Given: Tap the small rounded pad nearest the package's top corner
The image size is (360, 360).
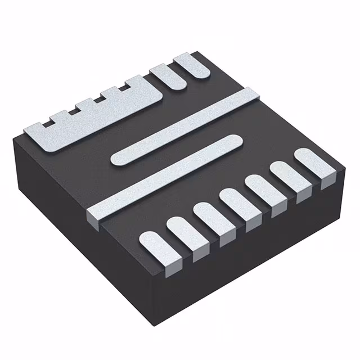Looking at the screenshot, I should tap(193, 66).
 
